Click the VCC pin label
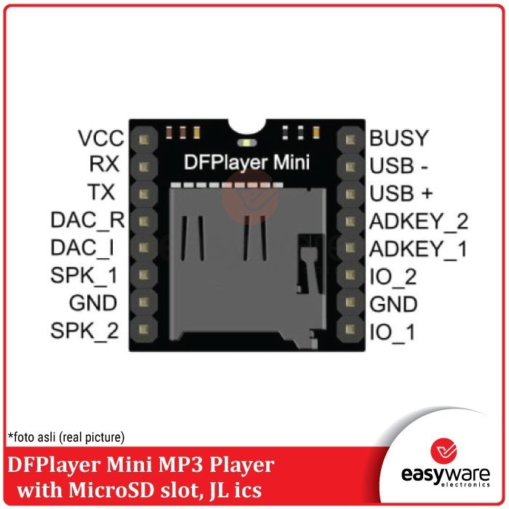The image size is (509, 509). click(101, 138)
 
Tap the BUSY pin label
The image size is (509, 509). click(399, 138)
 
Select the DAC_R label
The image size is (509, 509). click(88, 220)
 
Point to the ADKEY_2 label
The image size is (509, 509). click(419, 222)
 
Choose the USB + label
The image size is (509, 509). click(401, 193)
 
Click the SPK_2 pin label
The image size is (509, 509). click(84, 331)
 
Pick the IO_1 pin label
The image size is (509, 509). click(393, 332)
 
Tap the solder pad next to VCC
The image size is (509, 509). click(143, 140)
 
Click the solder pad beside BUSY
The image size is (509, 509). click(350, 140)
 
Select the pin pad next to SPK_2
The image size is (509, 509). click(143, 329)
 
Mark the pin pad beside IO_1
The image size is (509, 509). click(350, 329)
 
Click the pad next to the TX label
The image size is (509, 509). click(143, 194)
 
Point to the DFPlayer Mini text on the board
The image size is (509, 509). click(247, 162)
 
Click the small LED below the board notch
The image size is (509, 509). click(247, 143)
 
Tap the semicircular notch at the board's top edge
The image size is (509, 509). click(247, 127)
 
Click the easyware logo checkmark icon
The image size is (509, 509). click(444, 451)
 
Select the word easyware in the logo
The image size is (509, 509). click(445, 475)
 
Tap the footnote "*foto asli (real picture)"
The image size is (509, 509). click(66, 437)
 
